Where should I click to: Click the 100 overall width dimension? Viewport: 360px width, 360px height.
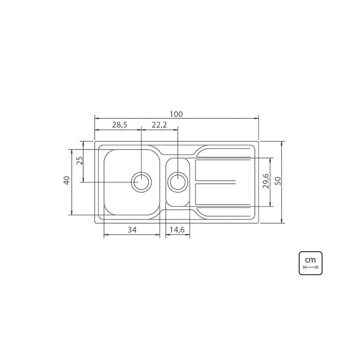[176, 114]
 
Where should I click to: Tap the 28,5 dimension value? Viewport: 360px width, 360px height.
[120, 125]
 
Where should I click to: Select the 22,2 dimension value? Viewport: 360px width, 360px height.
[159, 125]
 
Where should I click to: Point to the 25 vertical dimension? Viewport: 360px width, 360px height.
[80, 161]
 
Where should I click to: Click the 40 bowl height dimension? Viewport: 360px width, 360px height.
[67, 180]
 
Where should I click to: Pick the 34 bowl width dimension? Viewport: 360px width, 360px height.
[132, 229]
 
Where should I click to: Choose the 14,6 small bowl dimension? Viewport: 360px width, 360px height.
[177, 229]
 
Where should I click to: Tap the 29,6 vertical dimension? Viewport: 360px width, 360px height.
[266, 181]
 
